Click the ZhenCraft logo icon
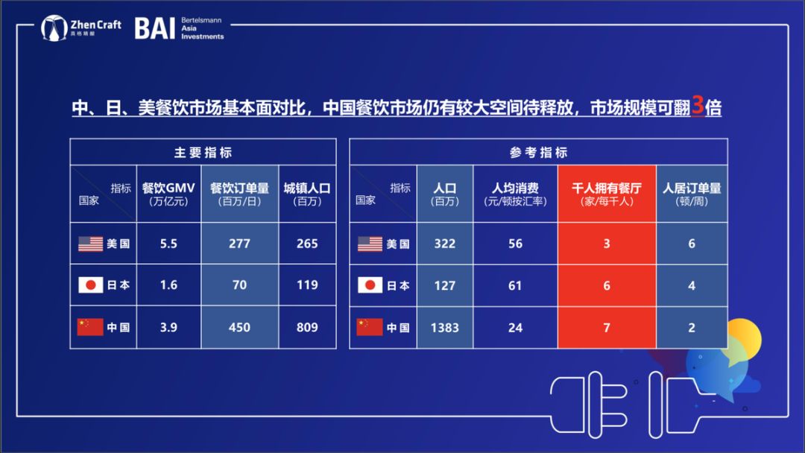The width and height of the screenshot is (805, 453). pyautogui.click(x=54, y=28)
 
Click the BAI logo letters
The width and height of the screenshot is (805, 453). pyautogui.click(x=154, y=28)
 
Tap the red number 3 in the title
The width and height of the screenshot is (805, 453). pyautogui.click(x=697, y=106)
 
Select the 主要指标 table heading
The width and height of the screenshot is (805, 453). pyautogui.click(x=203, y=153)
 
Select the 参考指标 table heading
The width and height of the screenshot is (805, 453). pyautogui.click(x=539, y=153)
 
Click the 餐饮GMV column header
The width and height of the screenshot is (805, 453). pyautogui.click(x=168, y=194)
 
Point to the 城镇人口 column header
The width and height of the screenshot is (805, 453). pyautogui.click(x=307, y=194)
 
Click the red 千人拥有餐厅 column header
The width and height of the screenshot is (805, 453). pyautogui.click(x=607, y=194)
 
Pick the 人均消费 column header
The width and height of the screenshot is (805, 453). pyautogui.click(x=515, y=194)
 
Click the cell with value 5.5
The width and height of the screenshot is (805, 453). pyautogui.click(x=168, y=244)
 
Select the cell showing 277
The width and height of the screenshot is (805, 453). pyautogui.click(x=239, y=244)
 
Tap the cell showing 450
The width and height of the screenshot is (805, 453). pyautogui.click(x=239, y=327)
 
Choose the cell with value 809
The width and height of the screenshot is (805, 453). pyautogui.click(x=307, y=327)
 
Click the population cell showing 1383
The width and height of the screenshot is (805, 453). pyautogui.click(x=444, y=328)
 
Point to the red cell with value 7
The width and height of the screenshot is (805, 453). pyautogui.click(x=607, y=328)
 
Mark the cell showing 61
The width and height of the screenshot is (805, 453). pyautogui.click(x=515, y=286)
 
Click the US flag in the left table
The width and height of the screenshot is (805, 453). pyautogui.click(x=90, y=244)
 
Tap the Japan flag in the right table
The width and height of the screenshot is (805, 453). pyautogui.click(x=370, y=285)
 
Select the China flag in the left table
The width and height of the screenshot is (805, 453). pyautogui.click(x=90, y=327)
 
